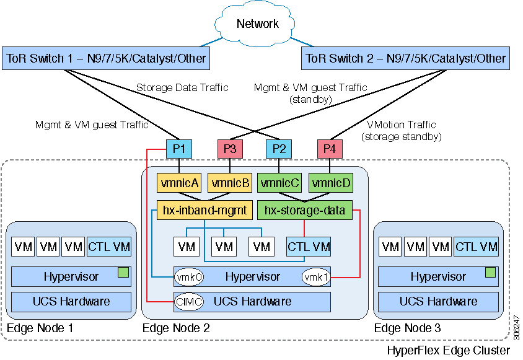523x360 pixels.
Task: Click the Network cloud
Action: [x=258, y=24]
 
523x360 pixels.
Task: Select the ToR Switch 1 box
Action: [x=105, y=59]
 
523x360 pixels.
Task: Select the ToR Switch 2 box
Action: [x=406, y=59]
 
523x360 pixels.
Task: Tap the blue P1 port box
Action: [x=179, y=149]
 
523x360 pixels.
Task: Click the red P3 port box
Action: [x=229, y=149]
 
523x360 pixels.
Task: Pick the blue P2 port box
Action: [x=279, y=149]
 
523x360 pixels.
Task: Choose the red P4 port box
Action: [x=330, y=149]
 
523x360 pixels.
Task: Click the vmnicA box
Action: [x=179, y=183]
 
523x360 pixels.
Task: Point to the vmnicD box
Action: [x=330, y=183]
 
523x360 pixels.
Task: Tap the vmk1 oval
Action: [x=315, y=277]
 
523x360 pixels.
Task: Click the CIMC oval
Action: [x=185, y=302]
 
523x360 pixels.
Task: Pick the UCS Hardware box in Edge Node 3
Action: [x=437, y=302]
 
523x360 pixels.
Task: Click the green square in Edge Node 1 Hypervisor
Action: [x=123, y=271]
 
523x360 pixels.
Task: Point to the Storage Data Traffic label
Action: [x=182, y=88]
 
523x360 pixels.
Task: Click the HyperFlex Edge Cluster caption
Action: [x=448, y=351]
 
